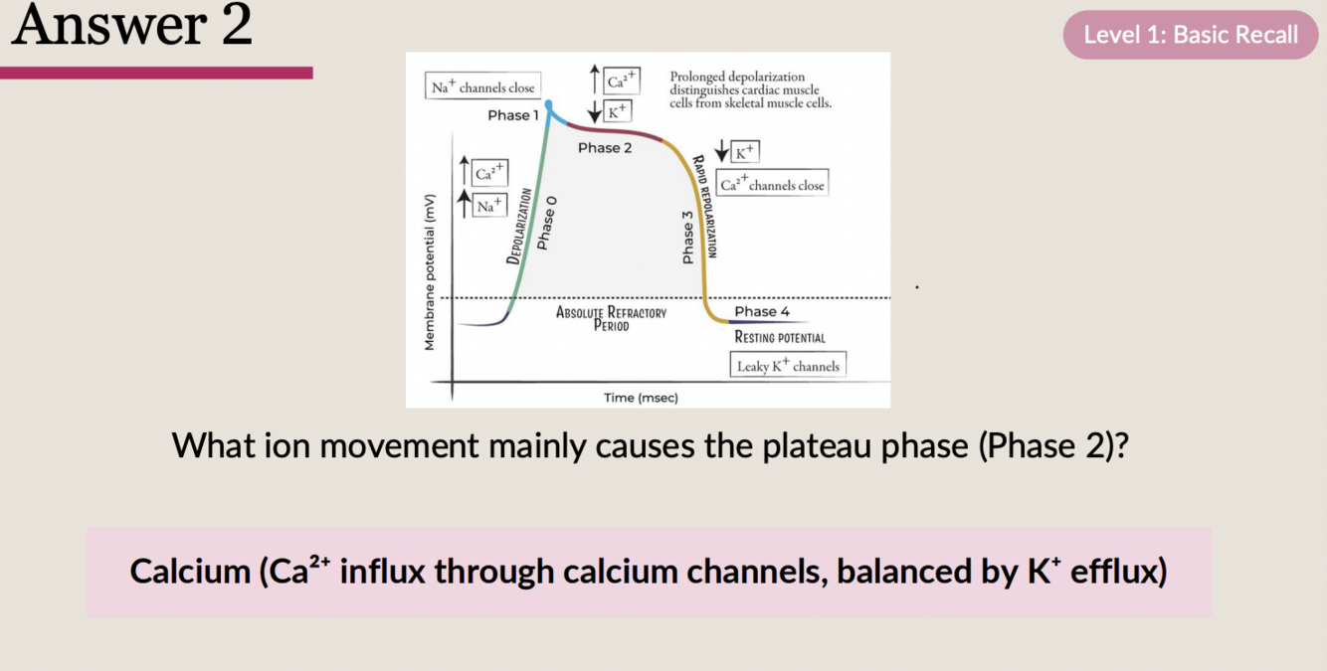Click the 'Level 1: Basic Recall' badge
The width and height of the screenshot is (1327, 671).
coord(1190,35)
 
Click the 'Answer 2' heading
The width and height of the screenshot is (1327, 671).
coord(131,26)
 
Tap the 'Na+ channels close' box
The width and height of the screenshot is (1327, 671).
coord(482,87)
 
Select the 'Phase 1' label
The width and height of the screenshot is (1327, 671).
coord(512,115)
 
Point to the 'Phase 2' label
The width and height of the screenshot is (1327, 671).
coord(605,148)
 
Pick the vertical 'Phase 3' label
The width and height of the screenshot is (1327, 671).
coord(687,238)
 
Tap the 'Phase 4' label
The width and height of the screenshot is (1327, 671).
coord(762,311)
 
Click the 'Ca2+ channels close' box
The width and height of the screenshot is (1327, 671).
coord(772,185)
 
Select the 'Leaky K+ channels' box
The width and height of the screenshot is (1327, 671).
coord(788,366)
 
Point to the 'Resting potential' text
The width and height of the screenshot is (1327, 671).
coord(780,338)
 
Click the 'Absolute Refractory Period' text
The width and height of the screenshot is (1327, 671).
coord(611,318)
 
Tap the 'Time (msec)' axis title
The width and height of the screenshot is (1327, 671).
coord(641,398)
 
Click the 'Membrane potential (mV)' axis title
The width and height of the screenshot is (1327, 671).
coord(430,270)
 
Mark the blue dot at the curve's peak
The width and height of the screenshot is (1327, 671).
coord(548,104)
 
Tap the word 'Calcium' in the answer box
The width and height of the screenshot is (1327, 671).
coord(189,572)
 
